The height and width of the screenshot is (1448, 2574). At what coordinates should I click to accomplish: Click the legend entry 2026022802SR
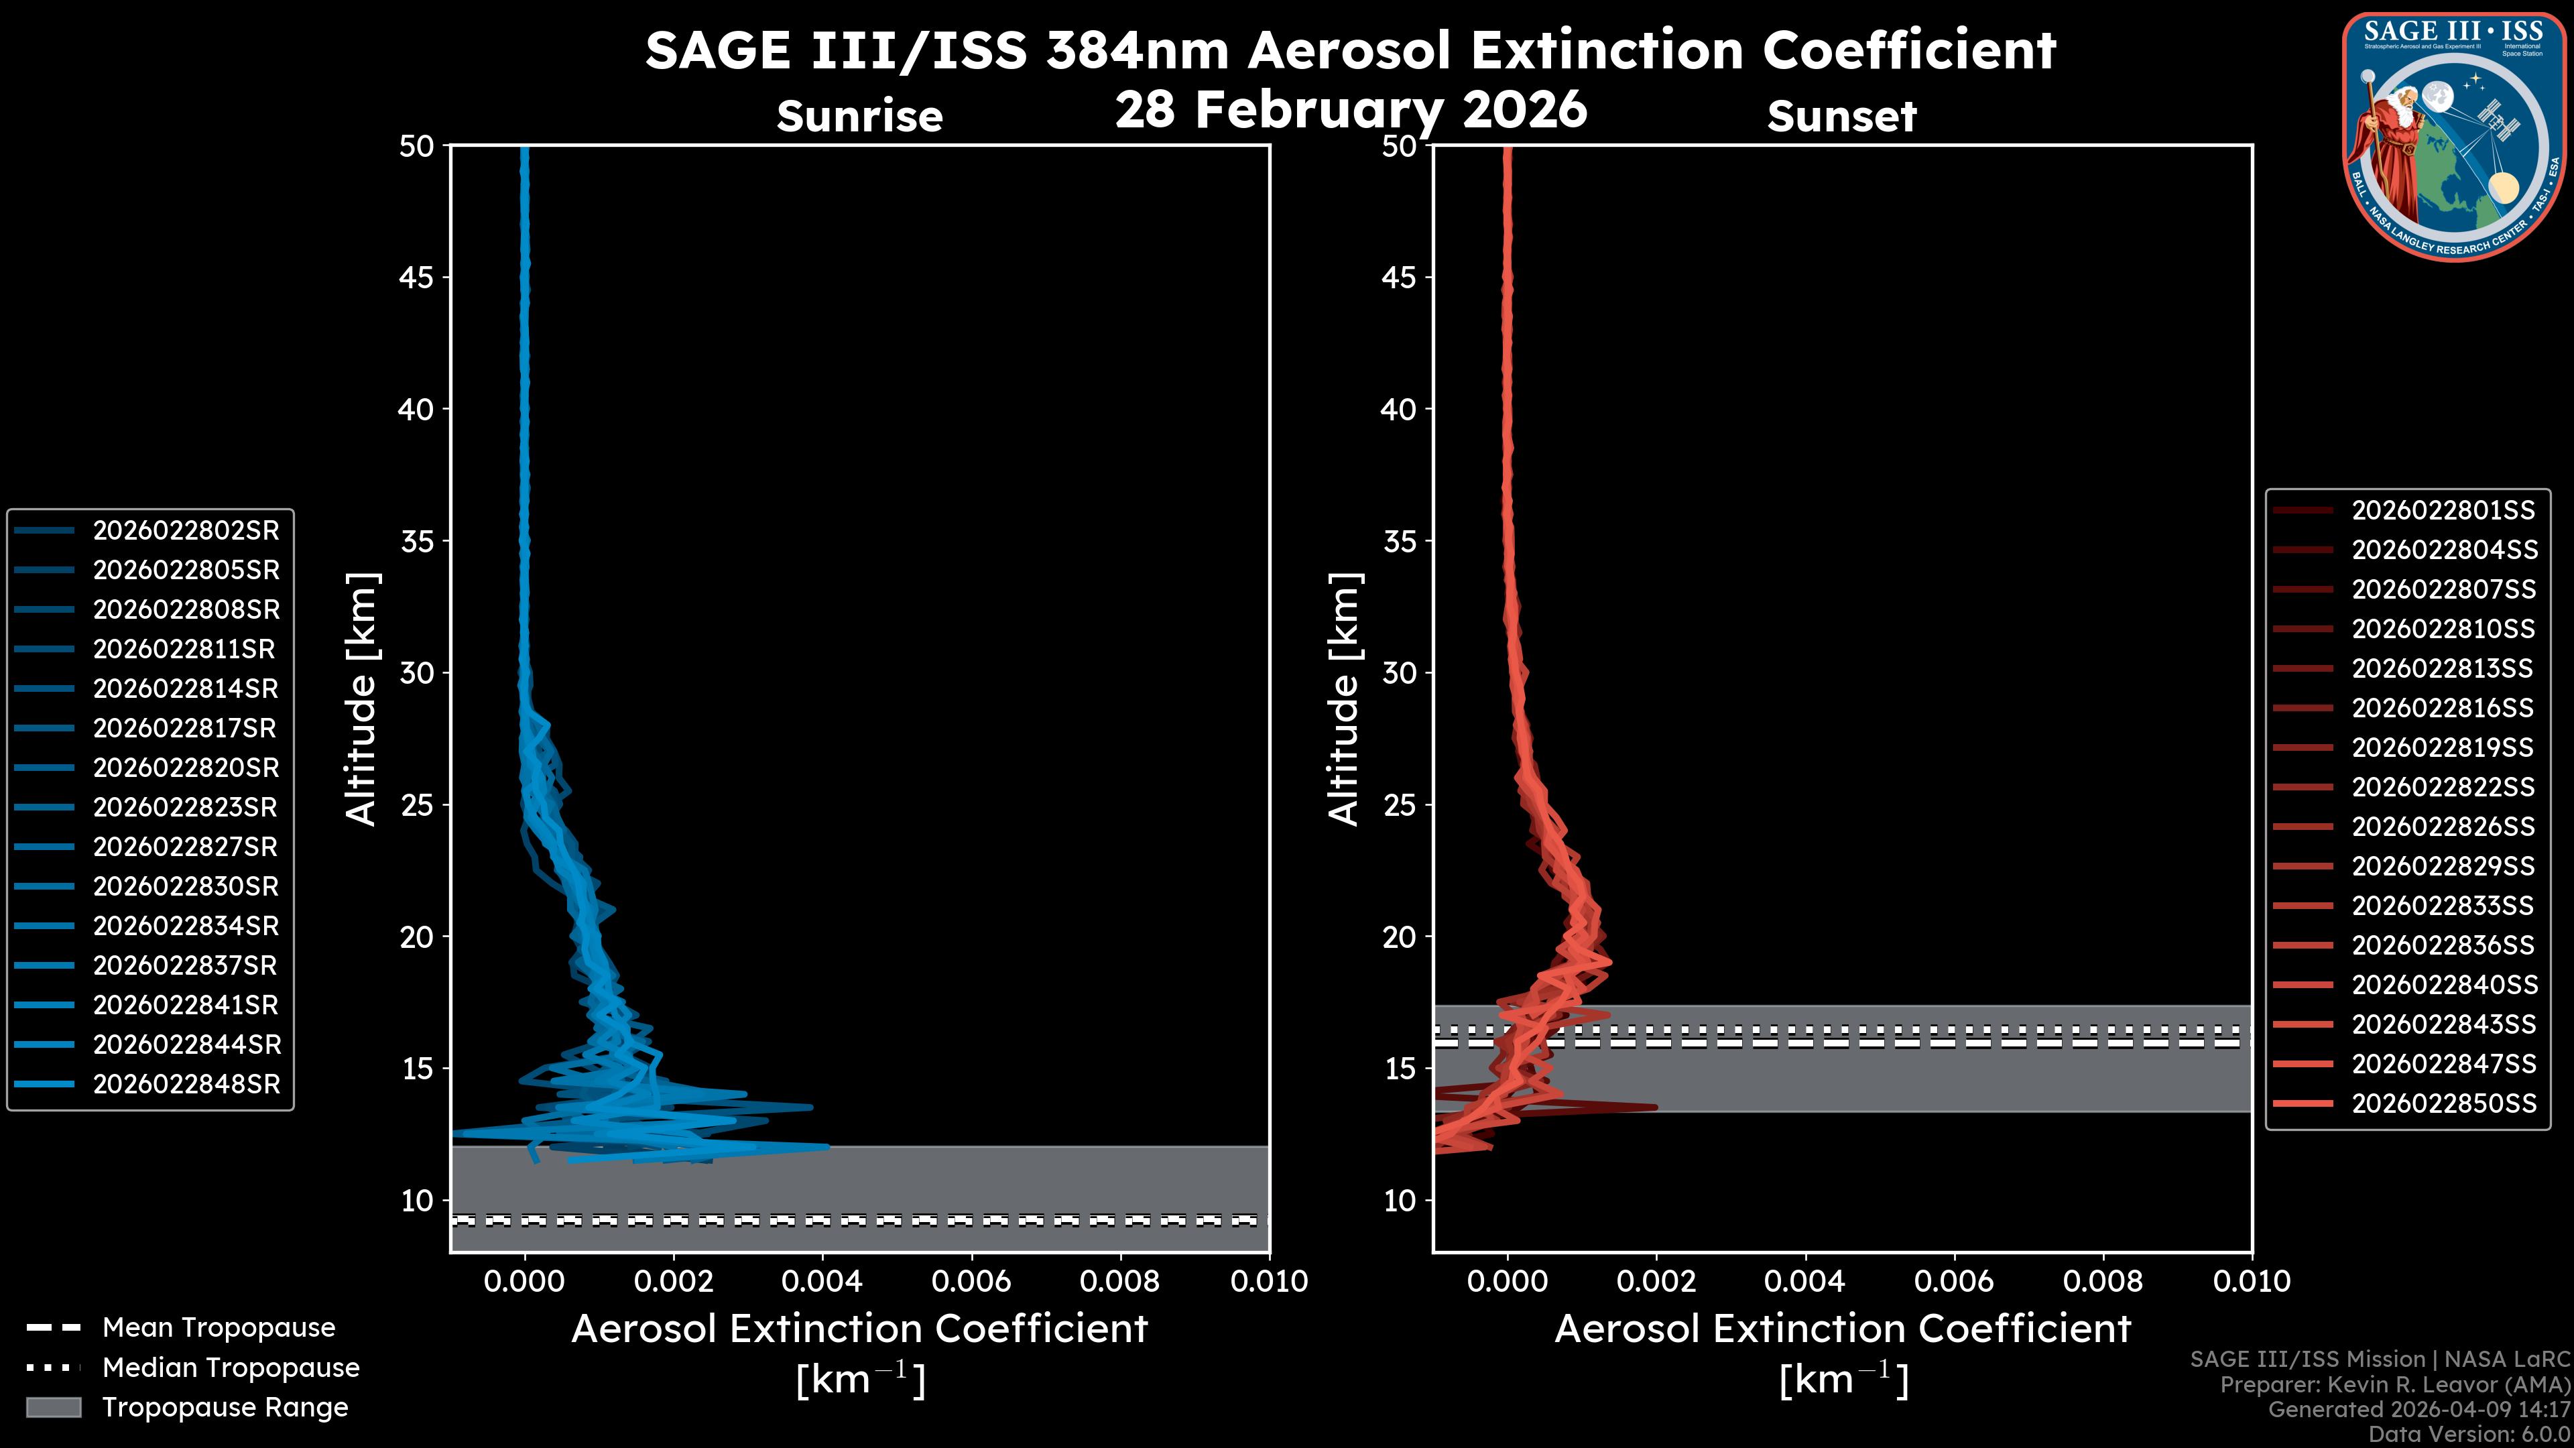[186, 531]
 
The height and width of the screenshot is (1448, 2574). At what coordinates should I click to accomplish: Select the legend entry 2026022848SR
[186, 1084]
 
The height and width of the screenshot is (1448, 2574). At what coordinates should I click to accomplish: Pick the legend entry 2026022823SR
[186, 807]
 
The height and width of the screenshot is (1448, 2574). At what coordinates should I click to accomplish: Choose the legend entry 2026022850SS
[2443, 1103]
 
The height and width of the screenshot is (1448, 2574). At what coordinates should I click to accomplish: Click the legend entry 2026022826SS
[2443, 827]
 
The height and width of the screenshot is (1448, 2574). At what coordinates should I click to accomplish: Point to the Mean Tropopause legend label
[219, 1327]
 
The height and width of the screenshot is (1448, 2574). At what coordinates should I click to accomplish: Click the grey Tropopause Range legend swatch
[53, 1407]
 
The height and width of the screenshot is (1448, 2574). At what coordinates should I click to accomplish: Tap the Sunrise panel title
[859, 116]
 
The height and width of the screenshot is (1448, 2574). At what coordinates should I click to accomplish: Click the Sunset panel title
[1841, 116]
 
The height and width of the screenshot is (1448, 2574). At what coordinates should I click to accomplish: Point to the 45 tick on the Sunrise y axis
[417, 277]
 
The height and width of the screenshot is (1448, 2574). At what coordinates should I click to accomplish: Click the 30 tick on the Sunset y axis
[1399, 672]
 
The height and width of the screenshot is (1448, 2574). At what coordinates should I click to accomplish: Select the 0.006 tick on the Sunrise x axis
[971, 1281]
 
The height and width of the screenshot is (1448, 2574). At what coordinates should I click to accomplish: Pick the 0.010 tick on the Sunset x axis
[2252, 1281]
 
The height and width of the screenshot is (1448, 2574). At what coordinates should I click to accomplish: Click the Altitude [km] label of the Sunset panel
[1344, 699]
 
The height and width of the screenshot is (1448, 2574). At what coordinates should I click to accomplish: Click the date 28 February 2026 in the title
[1350, 109]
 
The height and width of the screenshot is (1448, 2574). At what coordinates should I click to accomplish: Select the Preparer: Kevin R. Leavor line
[2394, 1384]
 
